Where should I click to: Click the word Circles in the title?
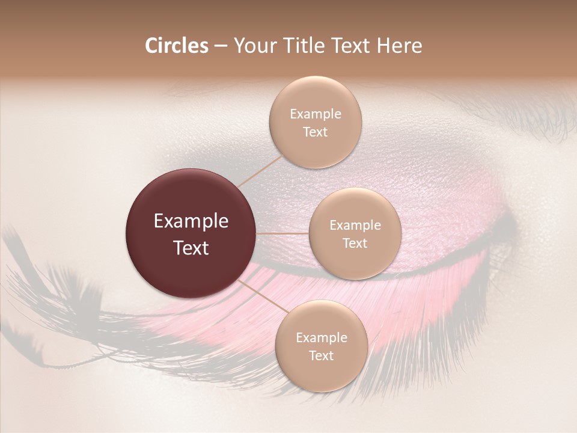click(x=177, y=46)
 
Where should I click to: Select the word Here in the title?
click(x=399, y=46)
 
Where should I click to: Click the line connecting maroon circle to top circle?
click(x=260, y=171)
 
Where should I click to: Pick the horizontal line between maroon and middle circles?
click(x=282, y=233)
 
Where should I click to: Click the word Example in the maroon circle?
click(x=191, y=221)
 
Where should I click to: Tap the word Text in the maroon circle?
click(x=191, y=248)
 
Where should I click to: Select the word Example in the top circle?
click(x=316, y=114)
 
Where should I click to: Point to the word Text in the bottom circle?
click(x=321, y=355)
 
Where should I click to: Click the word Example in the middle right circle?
click(x=355, y=226)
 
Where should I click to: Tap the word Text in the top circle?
click(x=315, y=132)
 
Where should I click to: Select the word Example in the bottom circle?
click(x=322, y=338)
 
